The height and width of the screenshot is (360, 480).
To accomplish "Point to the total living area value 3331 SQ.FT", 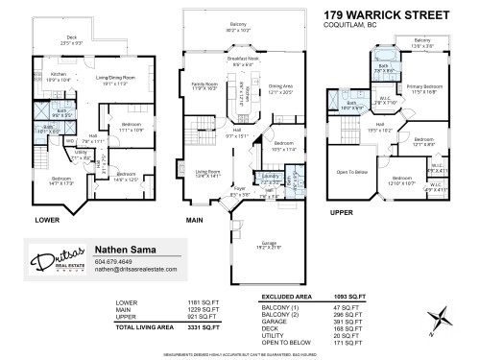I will (179, 328).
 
